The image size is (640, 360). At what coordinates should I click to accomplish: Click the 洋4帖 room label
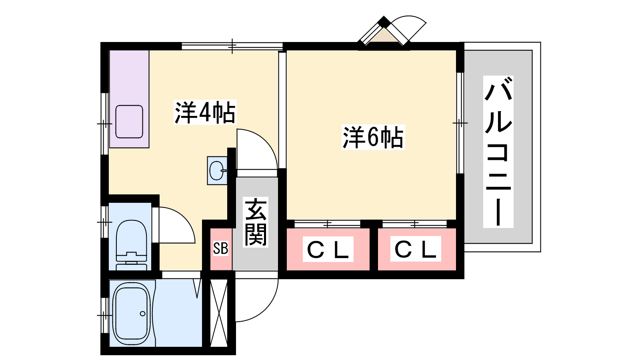[x=205, y=112]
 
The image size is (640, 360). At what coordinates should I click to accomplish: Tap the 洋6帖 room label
[x=373, y=137]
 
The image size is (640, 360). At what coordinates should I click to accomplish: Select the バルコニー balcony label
[x=498, y=152]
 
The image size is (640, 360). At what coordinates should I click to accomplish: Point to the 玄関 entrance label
[x=256, y=222]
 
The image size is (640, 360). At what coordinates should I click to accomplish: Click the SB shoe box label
[x=220, y=248]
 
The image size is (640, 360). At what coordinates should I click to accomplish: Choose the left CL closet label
[x=328, y=249]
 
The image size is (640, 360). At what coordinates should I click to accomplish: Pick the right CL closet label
[x=416, y=249]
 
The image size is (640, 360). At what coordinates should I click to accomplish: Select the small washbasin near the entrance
[x=217, y=170]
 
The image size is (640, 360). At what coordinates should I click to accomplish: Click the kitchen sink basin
[x=129, y=122]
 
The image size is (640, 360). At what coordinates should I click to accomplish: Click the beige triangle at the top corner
[x=384, y=36]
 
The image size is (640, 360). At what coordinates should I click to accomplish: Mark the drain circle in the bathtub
[x=142, y=314]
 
